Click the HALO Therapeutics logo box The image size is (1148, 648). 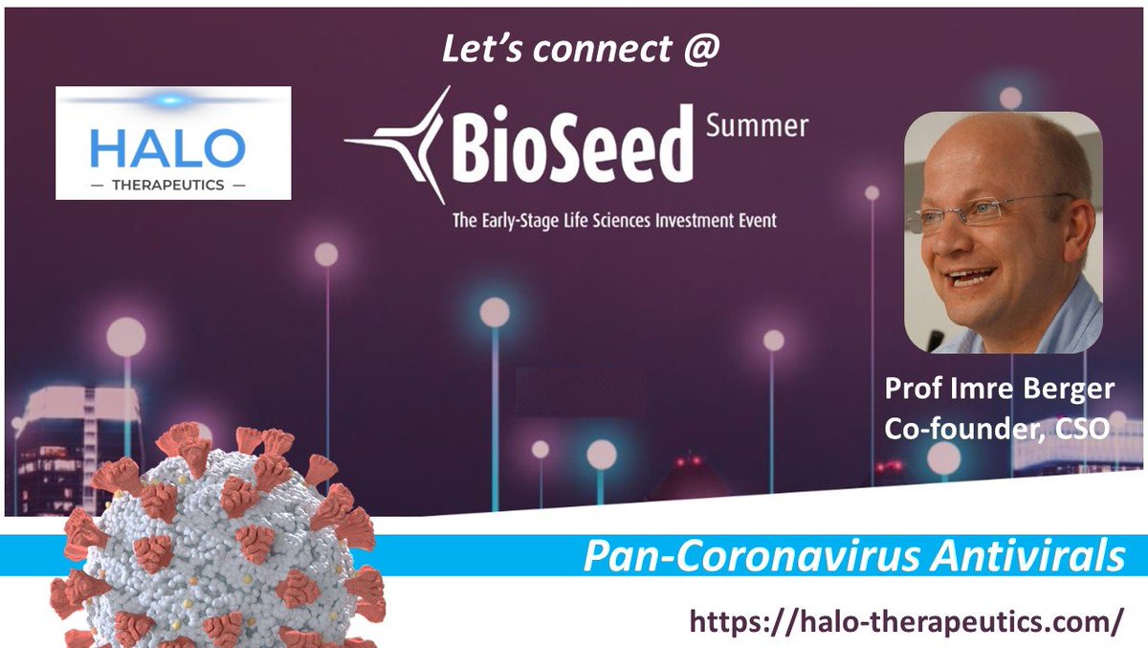(173, 143)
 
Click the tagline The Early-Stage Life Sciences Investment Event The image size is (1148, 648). (615, 220)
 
